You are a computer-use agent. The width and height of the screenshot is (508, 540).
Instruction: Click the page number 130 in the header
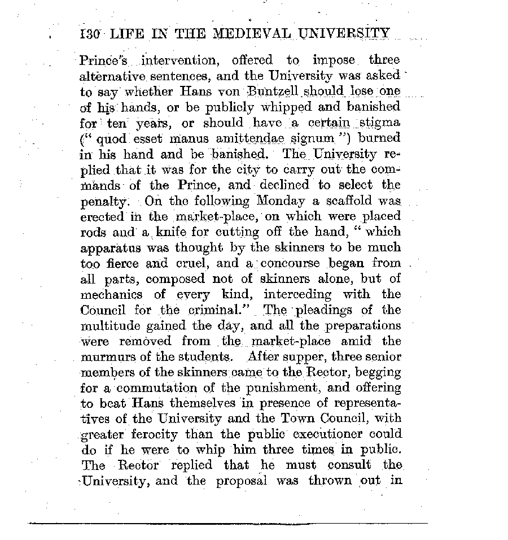click(x=90, y=33)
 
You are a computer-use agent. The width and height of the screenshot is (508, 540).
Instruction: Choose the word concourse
click(x=292, y=263)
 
